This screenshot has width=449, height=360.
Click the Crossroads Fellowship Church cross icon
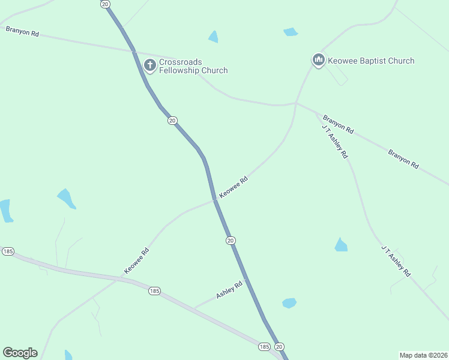(x=150, y=65)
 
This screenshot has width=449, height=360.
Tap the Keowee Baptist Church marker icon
(x=318, y=61)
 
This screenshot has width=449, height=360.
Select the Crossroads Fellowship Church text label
(x=193, y=66)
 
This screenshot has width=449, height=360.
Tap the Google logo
(x=20, y=353)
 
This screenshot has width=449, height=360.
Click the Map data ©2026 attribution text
(x=423, y=355)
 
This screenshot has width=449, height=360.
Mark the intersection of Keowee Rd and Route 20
(x=215, y=200)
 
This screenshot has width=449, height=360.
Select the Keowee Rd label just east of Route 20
(x=234, y=187)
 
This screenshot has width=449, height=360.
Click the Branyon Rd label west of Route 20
(x=22, y=31)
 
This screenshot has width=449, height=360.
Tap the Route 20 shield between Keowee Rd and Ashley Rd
(x=231, y=240)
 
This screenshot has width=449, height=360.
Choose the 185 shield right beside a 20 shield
(x=264, y=347)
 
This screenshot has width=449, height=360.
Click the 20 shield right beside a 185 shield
(x=279, y=347)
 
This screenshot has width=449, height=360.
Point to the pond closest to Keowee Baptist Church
(x=291, y=32)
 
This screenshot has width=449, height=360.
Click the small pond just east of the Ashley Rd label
(x=289, y=303)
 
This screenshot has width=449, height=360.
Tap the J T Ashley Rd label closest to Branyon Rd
(x=334, y=142)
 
